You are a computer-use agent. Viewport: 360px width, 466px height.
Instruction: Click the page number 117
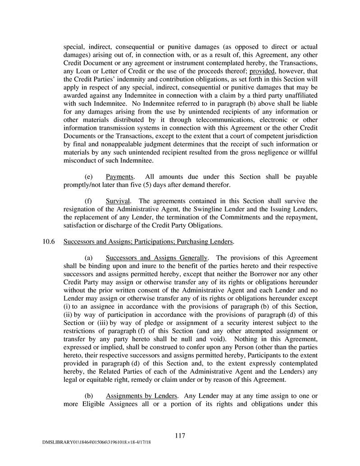(x=180, y=435)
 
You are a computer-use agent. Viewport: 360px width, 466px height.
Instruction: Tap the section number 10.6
(x=49, y=242)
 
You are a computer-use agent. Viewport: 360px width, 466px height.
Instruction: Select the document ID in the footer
(x=93, y=444)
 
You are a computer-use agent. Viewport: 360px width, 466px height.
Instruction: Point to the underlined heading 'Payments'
(x=118, y=176)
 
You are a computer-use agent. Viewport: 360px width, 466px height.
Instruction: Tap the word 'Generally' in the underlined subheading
(x=190, y=258)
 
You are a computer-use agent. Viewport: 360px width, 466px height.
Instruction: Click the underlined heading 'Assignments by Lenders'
(x=141, y=396)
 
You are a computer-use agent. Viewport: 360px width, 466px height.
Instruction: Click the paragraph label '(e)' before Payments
(x=89, y=176)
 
